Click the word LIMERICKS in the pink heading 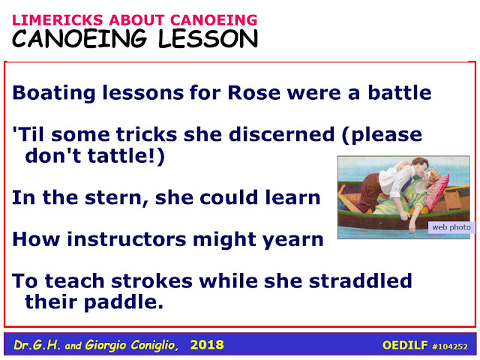click(x=58, y=20)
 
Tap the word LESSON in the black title click(x=208, y=39)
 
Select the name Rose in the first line click(x=254, y=92)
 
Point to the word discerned click(x=282, y=134)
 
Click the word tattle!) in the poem click(x=126, y=155)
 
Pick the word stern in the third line click(x=117, y=198)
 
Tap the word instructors click(x=127, y=239)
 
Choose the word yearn click(x=293, y=240)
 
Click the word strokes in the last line click(x=151, y=280)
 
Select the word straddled click(x=360, y=280)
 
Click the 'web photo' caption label click(x=451, y=227)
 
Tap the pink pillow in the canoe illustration click(x=437, y=192)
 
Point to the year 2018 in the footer click(x=207, y=345)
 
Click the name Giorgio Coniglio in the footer click(x=132, y=345)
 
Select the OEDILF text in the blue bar click(x=405, y=345)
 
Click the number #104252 click(x=450, y=346)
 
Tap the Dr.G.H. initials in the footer click(x=37, y=345)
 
